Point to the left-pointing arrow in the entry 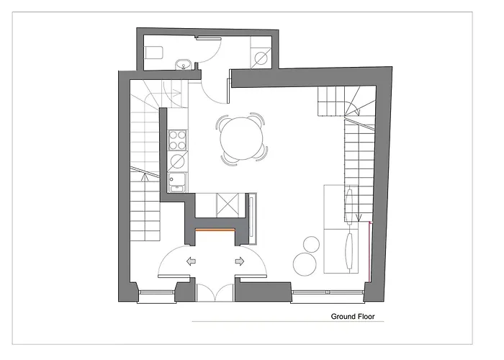192,262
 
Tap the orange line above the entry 214,230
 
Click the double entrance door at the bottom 215,292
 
